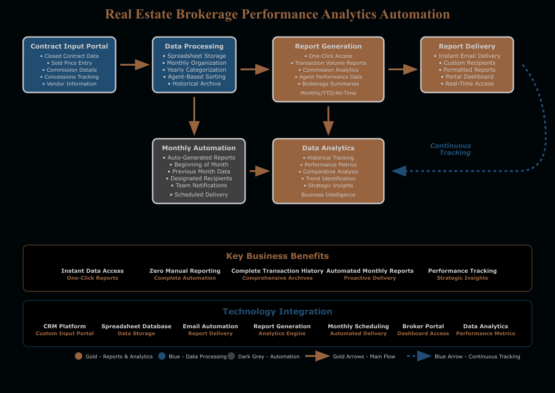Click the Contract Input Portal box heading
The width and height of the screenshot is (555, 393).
pos(69,46)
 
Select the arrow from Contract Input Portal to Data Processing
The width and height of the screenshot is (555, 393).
pos(135,65)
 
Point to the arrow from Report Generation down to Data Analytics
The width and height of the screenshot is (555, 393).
pos(328,121)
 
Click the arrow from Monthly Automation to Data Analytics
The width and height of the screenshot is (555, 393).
pos(260,171)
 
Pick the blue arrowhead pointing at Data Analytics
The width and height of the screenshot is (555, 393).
pos(399,171)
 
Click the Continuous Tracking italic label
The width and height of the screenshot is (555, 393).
pos(450,149)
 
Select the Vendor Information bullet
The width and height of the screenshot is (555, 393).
pos(72,84)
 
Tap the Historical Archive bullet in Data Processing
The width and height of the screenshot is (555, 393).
pos(194,84)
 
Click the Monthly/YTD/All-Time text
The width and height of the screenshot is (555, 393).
pos(328,93)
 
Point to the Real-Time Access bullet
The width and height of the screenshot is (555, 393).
pos(467,84)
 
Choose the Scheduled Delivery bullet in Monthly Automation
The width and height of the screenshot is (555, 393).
pos(199,195)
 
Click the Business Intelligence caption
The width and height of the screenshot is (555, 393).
pos(328,195)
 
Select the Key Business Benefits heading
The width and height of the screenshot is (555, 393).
pos(277,256)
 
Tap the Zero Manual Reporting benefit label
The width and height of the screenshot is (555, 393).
pos(185,271)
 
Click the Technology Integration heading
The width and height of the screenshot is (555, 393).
pos(277,312)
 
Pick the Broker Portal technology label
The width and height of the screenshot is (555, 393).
pos(423,326)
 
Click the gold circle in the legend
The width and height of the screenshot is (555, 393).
pos(79,356)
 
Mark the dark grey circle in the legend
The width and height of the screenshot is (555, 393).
pos(231,356)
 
